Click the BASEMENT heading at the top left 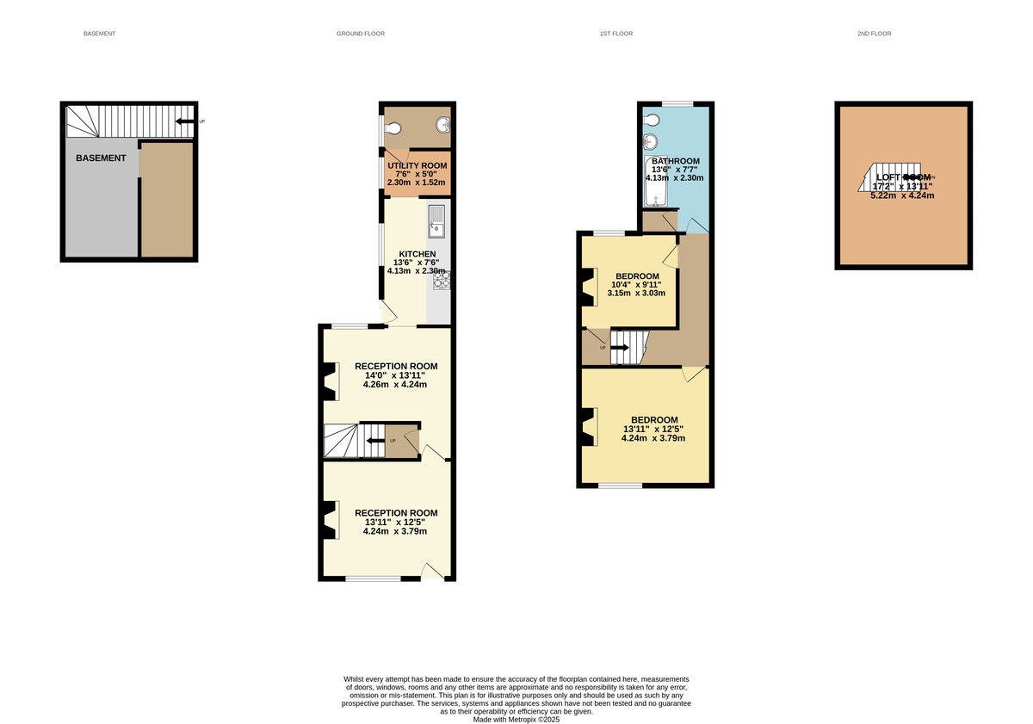tap(99, 34)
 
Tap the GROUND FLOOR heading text tap(361, 34)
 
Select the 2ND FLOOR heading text tap(874, 34)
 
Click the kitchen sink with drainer tap(436, 221)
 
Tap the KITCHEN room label tap(417, 254)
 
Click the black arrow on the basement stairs tap(183, 121)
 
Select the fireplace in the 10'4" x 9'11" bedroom tap(589, 288)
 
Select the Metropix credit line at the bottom tap(516, 720)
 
